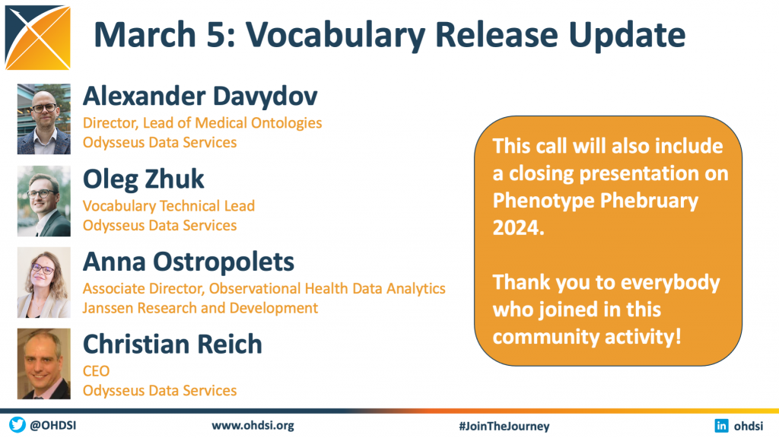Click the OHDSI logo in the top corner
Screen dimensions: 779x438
38,37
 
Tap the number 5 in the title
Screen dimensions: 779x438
215,35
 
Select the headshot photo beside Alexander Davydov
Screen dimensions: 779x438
43,119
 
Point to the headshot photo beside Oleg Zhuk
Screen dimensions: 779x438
43,201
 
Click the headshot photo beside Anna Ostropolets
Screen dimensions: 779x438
43,283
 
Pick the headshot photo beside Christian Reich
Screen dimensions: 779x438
43,364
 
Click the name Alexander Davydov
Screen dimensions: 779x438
200,97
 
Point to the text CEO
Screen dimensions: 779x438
96,371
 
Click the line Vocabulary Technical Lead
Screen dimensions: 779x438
168,206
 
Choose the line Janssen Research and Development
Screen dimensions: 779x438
200,309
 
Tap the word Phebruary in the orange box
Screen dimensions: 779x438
650,202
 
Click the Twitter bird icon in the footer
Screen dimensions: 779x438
17,424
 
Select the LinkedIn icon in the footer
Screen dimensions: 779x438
721,426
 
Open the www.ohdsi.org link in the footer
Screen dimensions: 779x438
253,426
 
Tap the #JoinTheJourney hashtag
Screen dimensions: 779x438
504,426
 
